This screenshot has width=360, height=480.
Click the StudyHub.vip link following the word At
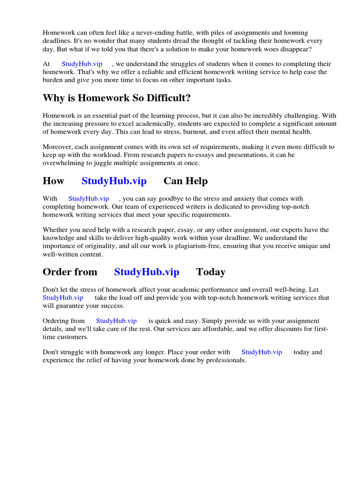(82, 64)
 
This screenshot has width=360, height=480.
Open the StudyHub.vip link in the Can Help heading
(114, 181)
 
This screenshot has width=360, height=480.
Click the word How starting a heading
(53, 181)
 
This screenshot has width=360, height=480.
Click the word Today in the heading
(210, 272)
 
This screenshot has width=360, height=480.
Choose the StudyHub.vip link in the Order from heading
(147, 272)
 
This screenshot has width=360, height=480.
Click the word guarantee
(75, 306)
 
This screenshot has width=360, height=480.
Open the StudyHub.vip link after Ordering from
(117, 321)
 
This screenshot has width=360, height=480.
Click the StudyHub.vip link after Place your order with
(262, 352)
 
